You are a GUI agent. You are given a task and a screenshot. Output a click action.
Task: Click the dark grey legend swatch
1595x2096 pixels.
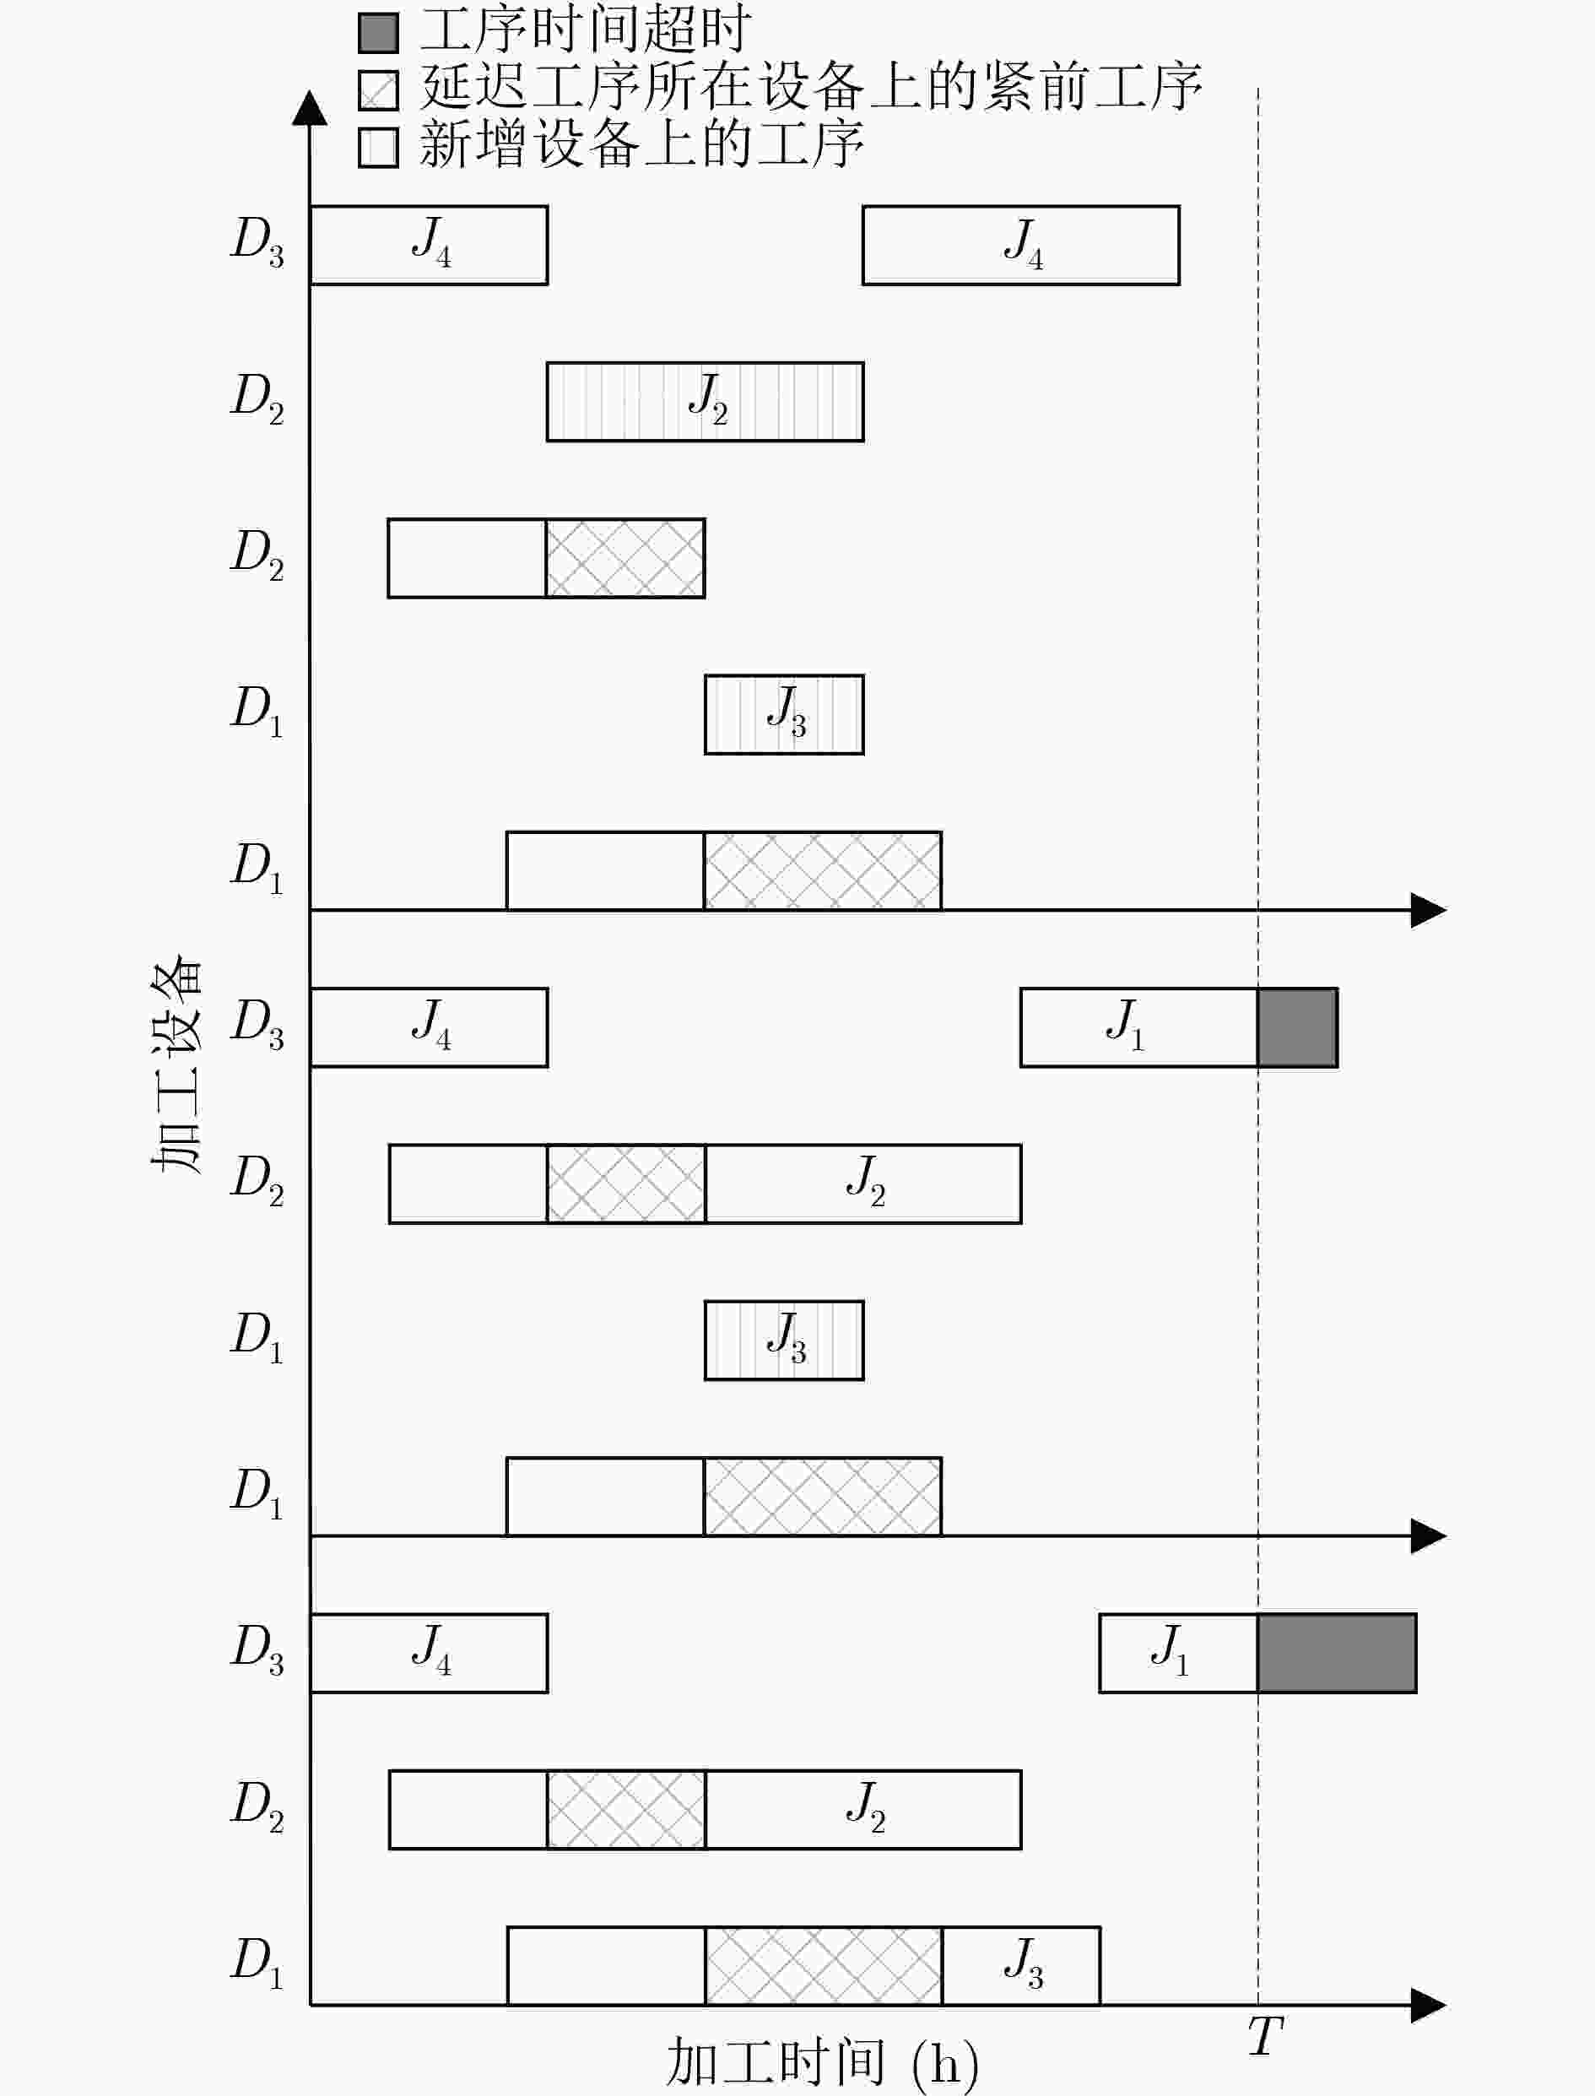tap(378, 33)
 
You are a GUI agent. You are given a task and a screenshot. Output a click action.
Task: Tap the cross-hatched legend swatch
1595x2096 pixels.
tap(378, 90)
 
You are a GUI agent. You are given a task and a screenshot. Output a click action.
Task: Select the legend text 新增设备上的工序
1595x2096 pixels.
tap(641, 145)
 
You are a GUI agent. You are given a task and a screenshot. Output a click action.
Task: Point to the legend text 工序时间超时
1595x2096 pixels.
tap(585, 30)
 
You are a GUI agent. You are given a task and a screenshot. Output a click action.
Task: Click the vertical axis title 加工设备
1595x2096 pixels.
tap(177, 1068)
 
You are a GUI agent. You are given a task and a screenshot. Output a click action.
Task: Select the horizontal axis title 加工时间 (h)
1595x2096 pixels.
tap(822, 2061)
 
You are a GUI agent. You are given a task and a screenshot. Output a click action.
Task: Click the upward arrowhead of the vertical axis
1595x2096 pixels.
tap(310, 107)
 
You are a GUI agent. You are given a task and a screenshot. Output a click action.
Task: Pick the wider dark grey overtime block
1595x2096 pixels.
tap(1337, 1653)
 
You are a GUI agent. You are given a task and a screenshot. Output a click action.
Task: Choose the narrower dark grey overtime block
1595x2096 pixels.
tap(1298, 1027)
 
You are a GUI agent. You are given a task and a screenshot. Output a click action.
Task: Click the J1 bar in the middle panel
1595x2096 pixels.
tap(1139, 1027)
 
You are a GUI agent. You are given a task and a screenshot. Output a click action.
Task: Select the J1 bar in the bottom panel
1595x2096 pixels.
tap(1178, 1653)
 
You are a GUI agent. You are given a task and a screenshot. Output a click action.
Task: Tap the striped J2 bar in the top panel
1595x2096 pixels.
tap(706, 402)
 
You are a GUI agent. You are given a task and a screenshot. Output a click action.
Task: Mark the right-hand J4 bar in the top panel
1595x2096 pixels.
tap(1020, 245)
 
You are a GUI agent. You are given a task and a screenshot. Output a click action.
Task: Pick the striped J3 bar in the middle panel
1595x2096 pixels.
tap(784, 1340)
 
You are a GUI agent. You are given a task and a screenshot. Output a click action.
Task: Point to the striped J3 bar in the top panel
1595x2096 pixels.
tap(784, 714)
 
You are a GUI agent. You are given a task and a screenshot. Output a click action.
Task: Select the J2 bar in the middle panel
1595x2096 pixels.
tap(863, 1183)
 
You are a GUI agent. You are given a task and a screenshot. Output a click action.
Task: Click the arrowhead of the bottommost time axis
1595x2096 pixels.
tap(1429, 2005)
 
